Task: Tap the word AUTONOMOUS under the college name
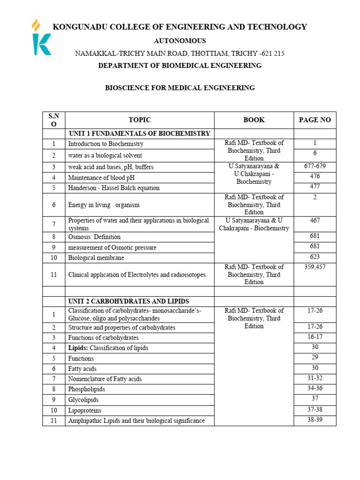pos(180,41)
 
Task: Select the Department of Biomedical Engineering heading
pos(180,66)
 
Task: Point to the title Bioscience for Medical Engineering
pos(180,88)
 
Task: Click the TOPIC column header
pos(140,120)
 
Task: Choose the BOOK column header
pos(254,120)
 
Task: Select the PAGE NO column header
pos(315,120)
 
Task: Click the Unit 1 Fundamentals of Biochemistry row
pos(140,134)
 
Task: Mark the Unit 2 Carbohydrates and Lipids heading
pos(128,301)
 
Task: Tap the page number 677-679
pos(315,166)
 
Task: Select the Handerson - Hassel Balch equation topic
pos(114,188)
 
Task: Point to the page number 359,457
pos(315,267)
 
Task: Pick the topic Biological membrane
pos(96,258)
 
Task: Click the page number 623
pos(315,257)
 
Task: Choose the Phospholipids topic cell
pos(87,390)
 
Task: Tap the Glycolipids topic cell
pos(83,400)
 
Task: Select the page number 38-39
pos(315,420)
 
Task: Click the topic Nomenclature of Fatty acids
pos(105,379)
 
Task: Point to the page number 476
pos(315,176)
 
